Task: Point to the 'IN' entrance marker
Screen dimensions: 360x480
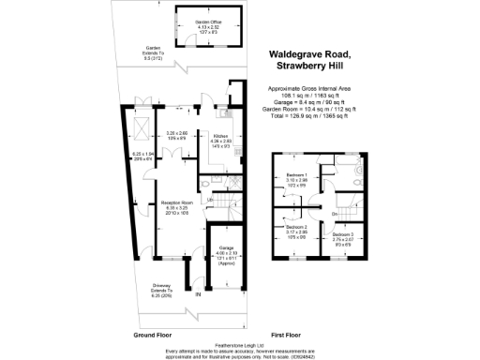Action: pyautogui.click(x=198, y=296)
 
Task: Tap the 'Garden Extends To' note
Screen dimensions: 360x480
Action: pyautogui.click(x=152, y=51)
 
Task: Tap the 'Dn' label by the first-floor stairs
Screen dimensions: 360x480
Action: pyautogui.click(x=335, y=215)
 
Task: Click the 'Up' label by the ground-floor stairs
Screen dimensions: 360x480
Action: pyautogui.click(x=211, y=200)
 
